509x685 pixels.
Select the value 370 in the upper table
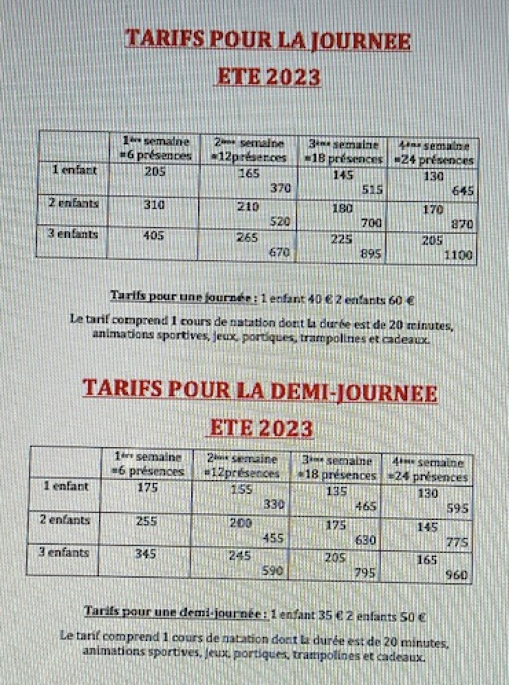coord(280,188)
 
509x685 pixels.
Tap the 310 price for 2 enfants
coord(154,204)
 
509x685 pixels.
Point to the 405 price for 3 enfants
coord(154,236)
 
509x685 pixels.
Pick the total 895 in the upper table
coord(371,254)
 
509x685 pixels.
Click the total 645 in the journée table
coord(463,191)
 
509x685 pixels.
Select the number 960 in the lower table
coord(456,575)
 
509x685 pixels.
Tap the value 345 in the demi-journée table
coord(145,553)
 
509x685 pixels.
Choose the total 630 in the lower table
coord(365,540)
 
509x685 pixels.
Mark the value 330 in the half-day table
coord(274,504)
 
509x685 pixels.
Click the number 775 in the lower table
coord(457,542)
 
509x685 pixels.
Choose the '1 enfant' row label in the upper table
coord(74,168)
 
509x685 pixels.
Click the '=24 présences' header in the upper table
coord(433,160)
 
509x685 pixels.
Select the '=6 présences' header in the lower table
coord(149,472)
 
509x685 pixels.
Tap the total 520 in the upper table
coord(279,221)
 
